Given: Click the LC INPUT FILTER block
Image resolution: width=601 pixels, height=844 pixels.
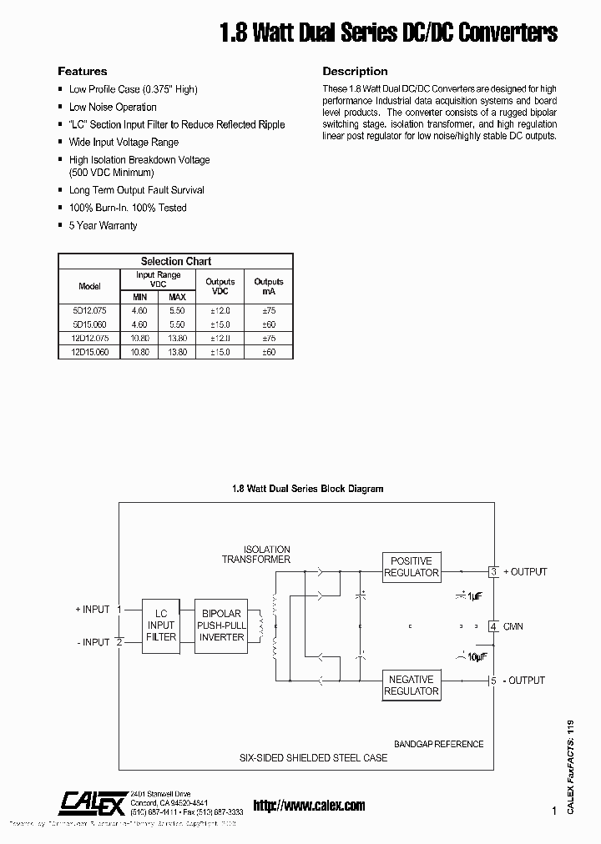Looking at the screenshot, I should click(x=161, y=625).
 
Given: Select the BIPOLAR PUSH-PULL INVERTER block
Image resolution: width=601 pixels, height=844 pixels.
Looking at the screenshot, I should click(x=221, y=625).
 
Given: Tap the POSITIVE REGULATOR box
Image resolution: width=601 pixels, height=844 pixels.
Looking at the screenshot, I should click(x=412, y=567).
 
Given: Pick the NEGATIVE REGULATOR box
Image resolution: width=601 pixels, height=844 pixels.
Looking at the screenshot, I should click(x=412, y=685).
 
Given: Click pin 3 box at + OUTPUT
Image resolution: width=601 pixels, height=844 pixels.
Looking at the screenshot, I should click(x=494, y=572).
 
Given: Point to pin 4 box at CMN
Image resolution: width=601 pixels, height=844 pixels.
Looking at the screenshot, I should click(x=494, y=626).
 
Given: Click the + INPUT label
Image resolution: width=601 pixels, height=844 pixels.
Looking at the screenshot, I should click(x=92, y=610).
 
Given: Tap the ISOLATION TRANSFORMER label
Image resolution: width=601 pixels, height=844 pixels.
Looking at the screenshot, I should click(x=255, y=555).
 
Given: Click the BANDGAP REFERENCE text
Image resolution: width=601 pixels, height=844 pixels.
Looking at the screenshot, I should click(x=438, y=744).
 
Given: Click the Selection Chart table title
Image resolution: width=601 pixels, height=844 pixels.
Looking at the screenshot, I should click(x=175, y=261).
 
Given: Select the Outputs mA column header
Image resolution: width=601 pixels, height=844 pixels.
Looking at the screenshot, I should click(x=269, y=287).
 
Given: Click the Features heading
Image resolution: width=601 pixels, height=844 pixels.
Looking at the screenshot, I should click(x=82, y=72).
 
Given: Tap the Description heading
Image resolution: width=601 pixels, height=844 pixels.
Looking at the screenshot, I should click(x=355, y=72).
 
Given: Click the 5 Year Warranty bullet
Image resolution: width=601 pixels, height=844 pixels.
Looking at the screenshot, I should click(x=103, y=226).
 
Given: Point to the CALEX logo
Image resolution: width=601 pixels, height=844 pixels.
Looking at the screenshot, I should click(x=93, y=802).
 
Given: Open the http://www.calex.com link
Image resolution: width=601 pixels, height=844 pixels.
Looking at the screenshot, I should click(x=309, y=806).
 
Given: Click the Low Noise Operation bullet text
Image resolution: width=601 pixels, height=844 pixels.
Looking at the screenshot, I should click(x=113, y=107).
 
